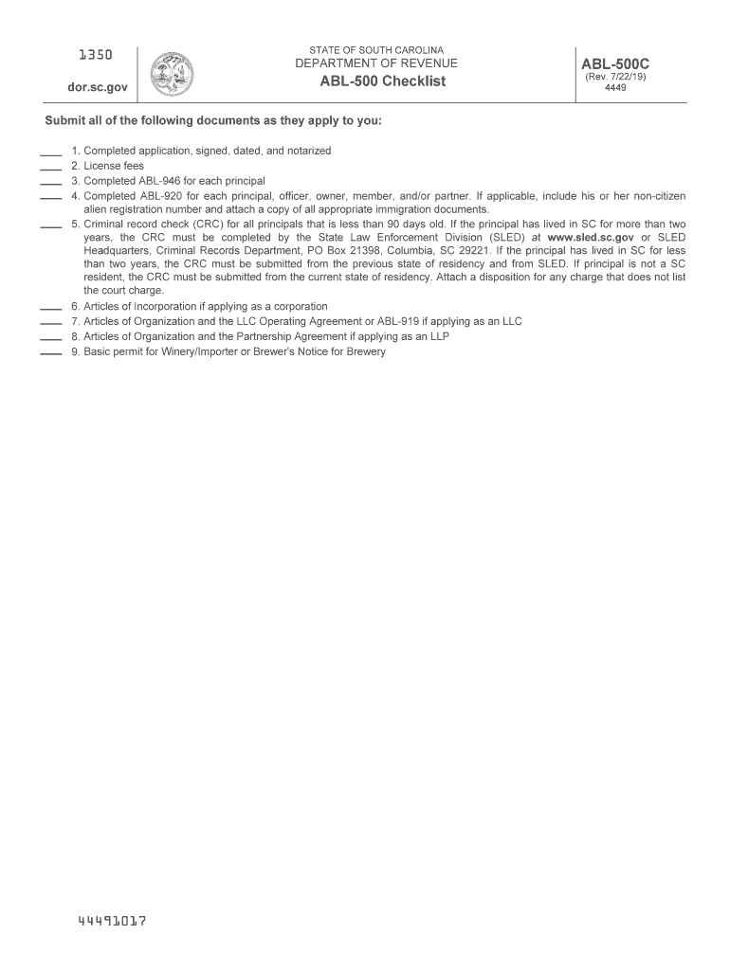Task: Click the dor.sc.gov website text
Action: pyautogui.click(x=92, y=87)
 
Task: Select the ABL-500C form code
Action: pyautogui.click(x=615, y=64)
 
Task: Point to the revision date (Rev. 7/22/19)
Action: pyautogui.click(x=615, y=78)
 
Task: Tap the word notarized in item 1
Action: pyautogui.click(x=306, y=151)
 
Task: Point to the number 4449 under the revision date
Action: pyautogui.click(x=615, y=88)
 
